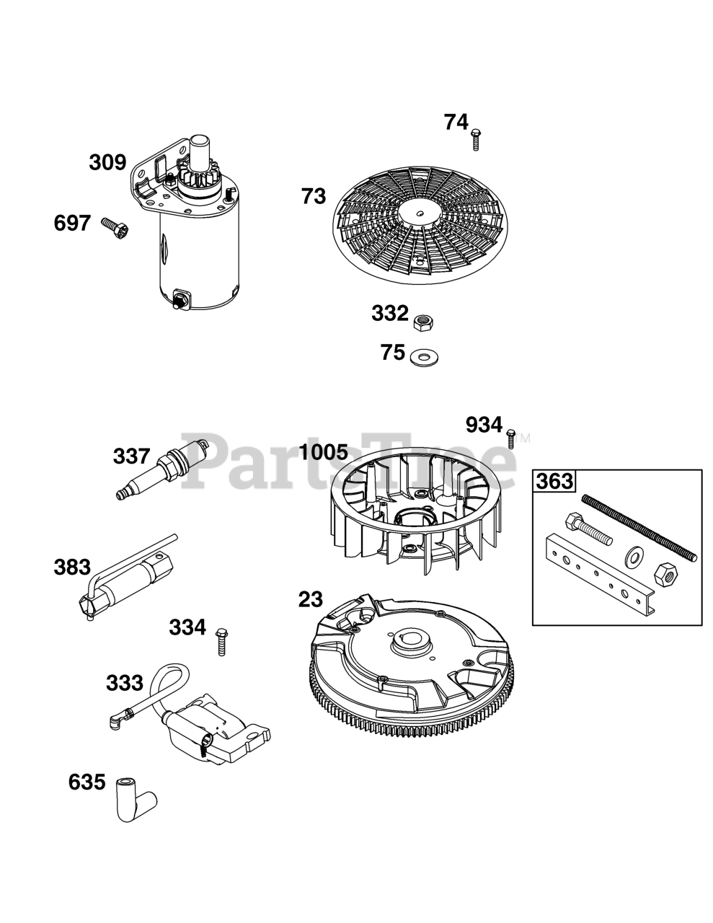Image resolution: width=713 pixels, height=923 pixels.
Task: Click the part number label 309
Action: point(107,163)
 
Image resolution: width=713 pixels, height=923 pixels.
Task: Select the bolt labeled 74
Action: point(476,138)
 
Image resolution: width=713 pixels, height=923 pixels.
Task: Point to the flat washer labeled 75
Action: point(425,356)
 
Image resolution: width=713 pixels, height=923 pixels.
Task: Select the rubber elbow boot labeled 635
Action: point(134,798)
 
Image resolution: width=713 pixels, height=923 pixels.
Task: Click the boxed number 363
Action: point(554,481)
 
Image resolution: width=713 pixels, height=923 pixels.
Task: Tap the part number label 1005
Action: point(324,453)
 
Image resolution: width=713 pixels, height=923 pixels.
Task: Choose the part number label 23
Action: point(311,599)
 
